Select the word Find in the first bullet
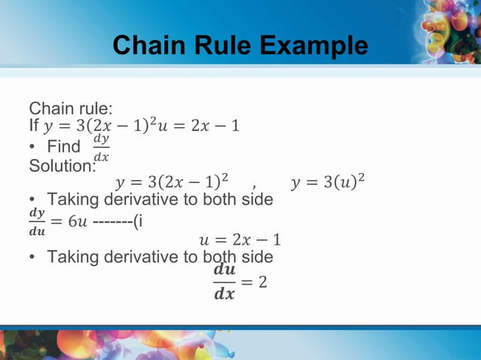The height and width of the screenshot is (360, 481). (63, 145)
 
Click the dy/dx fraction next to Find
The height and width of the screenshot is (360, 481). (100, 147)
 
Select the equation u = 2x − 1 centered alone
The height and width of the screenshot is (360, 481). (239, 240)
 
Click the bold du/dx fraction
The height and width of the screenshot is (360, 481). (224, 281)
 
